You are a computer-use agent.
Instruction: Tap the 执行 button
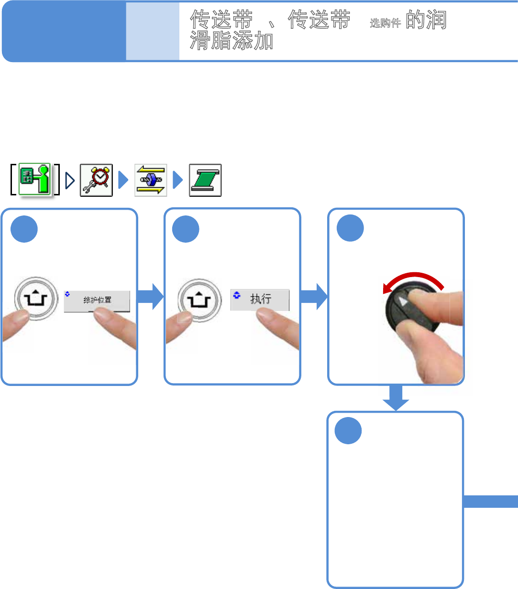[260, 300]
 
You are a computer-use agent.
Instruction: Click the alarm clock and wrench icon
[96, 180]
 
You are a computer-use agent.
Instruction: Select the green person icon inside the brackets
[35, 180]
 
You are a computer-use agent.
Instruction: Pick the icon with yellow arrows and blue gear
[151, 180]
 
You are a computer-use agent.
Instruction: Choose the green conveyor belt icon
[205, 180]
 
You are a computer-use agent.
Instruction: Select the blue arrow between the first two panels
[151, 297]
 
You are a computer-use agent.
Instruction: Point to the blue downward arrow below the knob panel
[396, 397]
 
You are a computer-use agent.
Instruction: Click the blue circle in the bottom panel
[348, 431]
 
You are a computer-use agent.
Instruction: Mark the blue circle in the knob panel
[350, 228]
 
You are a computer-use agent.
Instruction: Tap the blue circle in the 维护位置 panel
[24, 229]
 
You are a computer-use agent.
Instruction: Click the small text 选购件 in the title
[385, 23]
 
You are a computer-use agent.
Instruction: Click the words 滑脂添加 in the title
[231, 41]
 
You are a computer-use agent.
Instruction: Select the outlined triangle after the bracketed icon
[70, 180]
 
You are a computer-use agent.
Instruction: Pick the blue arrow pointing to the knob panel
[314, 297]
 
